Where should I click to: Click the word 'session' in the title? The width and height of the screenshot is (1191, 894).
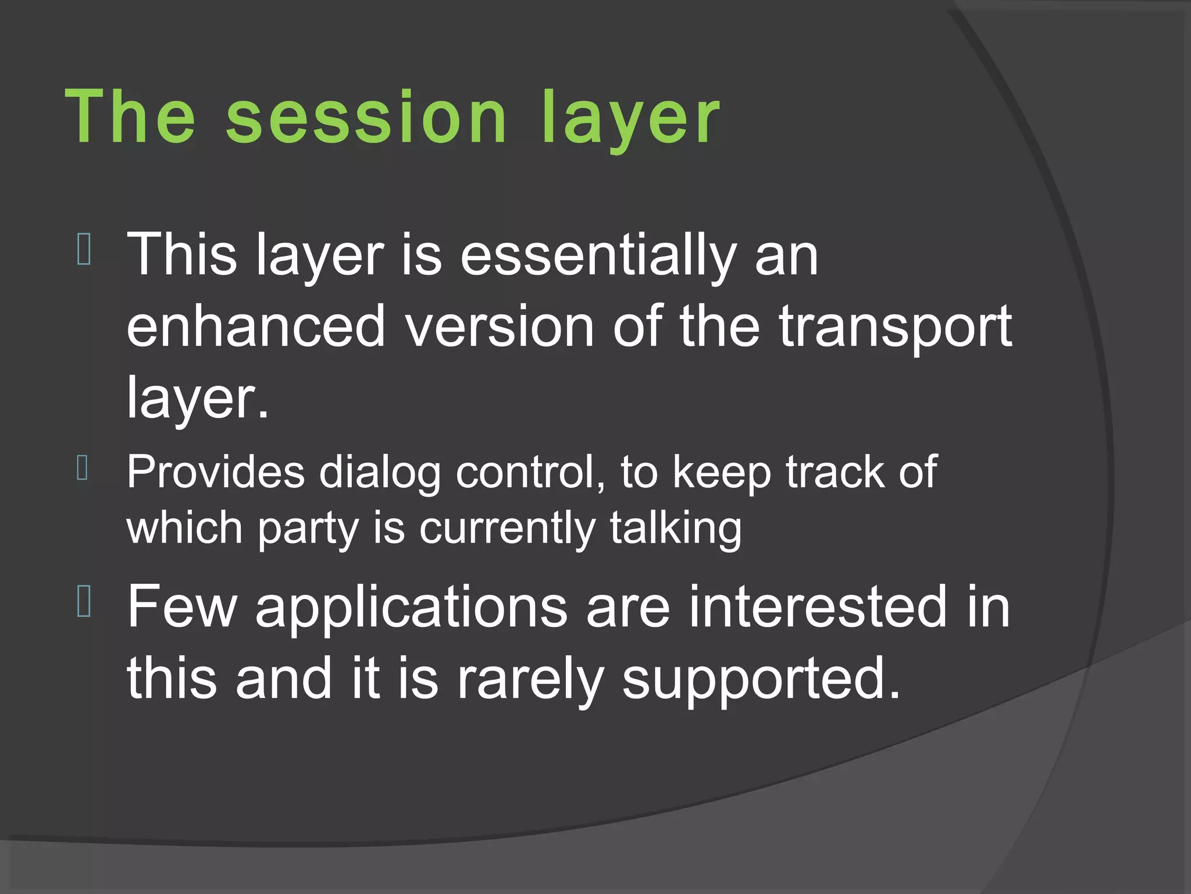[x=366, y=116]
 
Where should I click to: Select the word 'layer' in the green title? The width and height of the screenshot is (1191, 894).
[x=630, y=119]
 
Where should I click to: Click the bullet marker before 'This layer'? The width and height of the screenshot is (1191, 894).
[x=84, y=249]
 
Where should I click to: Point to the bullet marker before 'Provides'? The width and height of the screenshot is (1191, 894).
[x=83, y=468]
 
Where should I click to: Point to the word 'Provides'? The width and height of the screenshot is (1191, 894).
[x=216, y=471]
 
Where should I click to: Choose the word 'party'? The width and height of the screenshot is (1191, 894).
[x=308, y=529]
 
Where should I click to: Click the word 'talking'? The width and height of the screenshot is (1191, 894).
[x=675, y=528]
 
